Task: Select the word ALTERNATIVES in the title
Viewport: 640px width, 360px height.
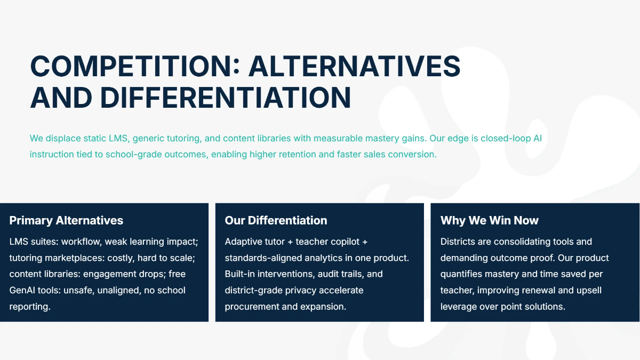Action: (355, 66)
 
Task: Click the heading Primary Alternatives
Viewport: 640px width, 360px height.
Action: (66, 220)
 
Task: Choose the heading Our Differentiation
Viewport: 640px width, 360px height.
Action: (276, 220)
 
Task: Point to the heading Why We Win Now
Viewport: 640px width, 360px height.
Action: (489, 220)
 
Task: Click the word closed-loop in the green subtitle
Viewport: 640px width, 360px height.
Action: (506, 139)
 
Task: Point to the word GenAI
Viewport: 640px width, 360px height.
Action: (23, 291)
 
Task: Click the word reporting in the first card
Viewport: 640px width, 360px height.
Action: (29, 307)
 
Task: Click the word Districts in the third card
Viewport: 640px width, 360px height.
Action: (458, 242)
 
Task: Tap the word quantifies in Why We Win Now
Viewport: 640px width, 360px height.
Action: (461, 274)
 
